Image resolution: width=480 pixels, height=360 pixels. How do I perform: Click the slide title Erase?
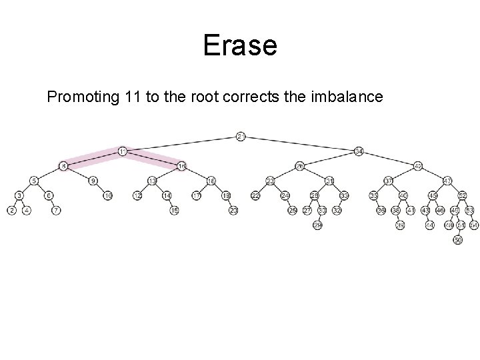pyautogui.click(x=239, y=46)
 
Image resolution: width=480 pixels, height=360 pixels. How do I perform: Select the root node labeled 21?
pyautogui.click(x=241, y=137)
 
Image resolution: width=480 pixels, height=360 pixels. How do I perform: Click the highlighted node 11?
pyautogui.click(x=123, y=151)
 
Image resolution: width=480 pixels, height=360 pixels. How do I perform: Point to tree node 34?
pyautogui.click(x=359, y=151)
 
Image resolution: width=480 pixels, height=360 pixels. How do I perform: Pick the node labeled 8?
pyautogui.click(x=63, y=166)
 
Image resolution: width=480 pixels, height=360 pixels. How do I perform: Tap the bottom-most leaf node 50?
pyautogui.click(x=457, y=240)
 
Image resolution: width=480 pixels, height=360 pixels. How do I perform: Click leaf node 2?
pyautogui.click(x=12, y=211)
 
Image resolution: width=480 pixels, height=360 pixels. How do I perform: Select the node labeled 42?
pyautogui.click(x=418, y=166)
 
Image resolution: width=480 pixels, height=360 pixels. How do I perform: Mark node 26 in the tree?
pyautogui.click(x=300, y=166)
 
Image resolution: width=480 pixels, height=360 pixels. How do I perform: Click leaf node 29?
pyautogui.click(x=318, y=225)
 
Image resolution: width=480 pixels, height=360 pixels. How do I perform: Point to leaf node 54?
pyautogui.click(x=474, y=225)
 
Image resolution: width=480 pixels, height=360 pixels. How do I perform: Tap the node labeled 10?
pyautogui.click(x=108, y=196)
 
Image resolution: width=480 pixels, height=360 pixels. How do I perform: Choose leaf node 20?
pyautogui.click(x=233, y=211)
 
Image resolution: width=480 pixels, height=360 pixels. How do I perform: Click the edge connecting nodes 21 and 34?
pyautogui.click(x=300, y=144)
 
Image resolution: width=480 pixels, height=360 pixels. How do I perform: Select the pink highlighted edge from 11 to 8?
pyautogui.click(x=93, y=159)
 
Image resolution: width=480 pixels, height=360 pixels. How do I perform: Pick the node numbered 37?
pyautogui.click(x=389, y=181)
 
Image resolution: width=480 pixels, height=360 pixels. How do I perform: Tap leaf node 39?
pyautogui.click(x=400, y=225)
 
